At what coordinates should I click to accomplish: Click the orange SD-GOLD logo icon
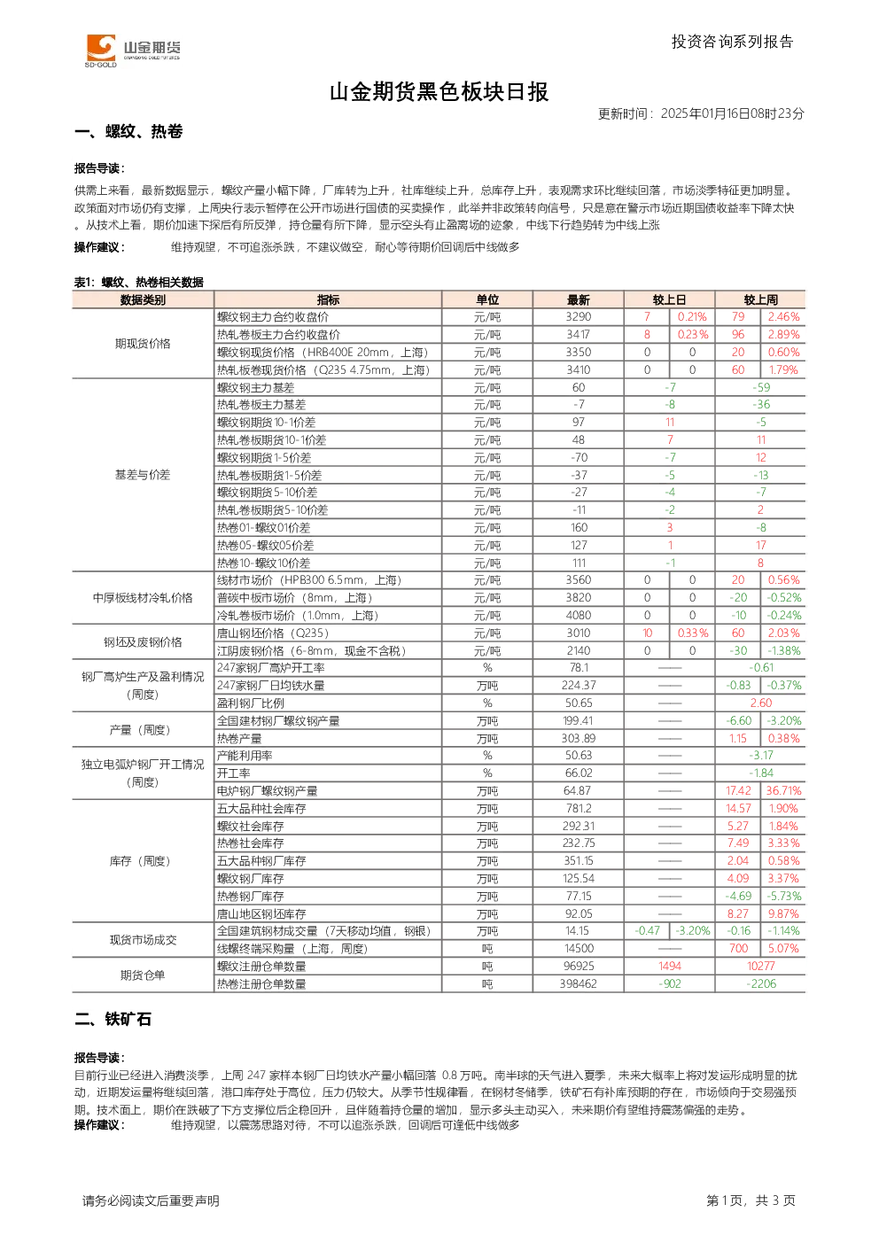[x=100, y=48]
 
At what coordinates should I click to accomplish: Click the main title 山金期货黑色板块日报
[x=439, y=92]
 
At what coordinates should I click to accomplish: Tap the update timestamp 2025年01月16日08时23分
[x=732, y=113]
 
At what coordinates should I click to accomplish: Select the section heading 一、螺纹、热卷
[x=128, y=131]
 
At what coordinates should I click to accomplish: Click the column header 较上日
[x=669, y=300]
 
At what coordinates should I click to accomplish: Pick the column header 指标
[x=328, y=300]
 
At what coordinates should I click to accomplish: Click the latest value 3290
[x=579, y=317]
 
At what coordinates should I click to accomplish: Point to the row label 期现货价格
[x=143, y=344]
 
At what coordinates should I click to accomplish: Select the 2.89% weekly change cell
[x=783, y=335]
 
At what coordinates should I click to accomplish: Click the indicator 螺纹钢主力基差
[x=255, y=387]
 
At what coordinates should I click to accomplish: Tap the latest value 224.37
[x=579, y=686]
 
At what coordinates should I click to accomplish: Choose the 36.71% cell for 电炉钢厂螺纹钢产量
[x=783, y=791]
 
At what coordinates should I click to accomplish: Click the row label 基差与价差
[x=143, y=475]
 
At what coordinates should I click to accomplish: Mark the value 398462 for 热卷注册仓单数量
[x=579, y=983]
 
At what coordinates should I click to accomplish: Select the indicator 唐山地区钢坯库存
[x=261, y=914]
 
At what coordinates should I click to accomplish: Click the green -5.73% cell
[x=783, y=897]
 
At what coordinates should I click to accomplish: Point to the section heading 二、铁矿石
[x=113, y=1020]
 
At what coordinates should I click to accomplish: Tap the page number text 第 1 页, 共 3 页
[x=751, y=1200]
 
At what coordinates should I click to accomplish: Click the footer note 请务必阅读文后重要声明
[x=151, y=1200]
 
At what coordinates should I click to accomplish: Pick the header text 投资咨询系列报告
[x=733, y=43]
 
